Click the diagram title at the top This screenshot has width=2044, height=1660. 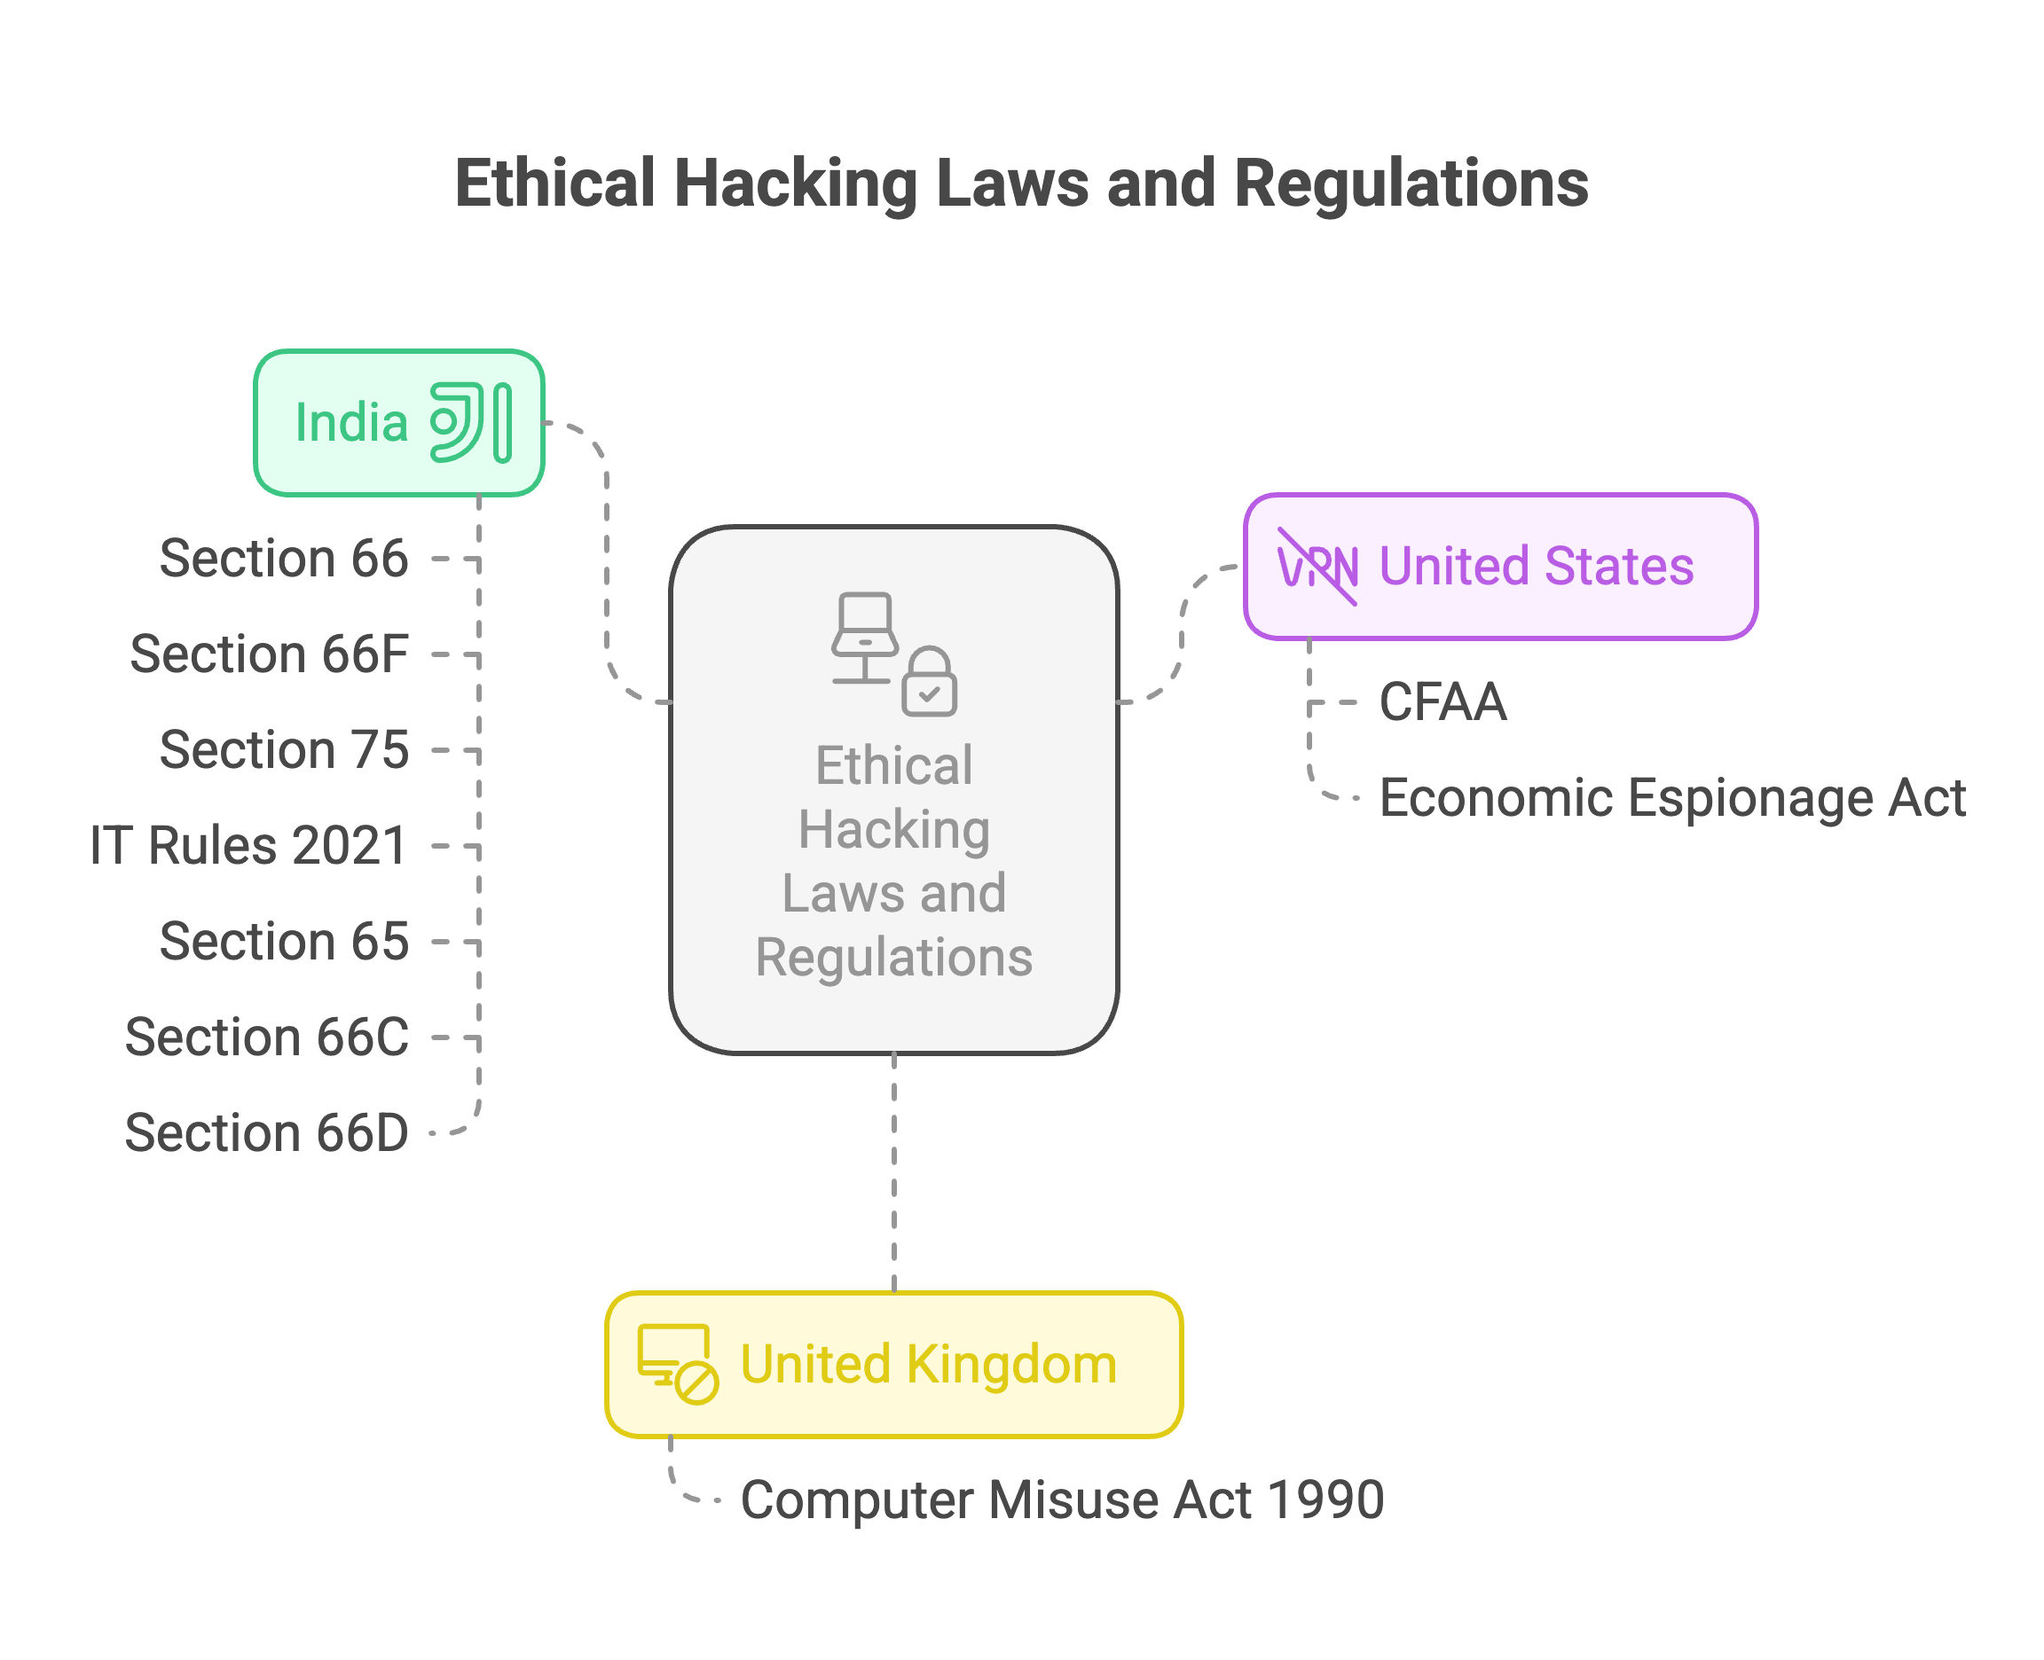point(1020,184)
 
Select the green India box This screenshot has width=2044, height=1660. point(399,423)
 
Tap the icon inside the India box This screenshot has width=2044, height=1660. point(470,423)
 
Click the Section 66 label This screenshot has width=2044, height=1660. point(284,559)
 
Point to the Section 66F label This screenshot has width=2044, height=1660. point(270,654)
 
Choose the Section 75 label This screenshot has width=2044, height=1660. point(284,749)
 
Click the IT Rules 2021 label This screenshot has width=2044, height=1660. point(248,845)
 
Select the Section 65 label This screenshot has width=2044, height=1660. point(284,941)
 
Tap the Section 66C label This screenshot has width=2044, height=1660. point(267,1037)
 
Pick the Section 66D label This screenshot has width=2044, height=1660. point(267,1132)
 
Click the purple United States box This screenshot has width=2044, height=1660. point(1500,566)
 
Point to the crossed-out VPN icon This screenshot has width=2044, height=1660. point(1317,566)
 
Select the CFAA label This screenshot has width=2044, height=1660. point(1443,702)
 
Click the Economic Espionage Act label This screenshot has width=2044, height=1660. point(1672,797)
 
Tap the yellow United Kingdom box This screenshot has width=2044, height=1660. point(893,1365)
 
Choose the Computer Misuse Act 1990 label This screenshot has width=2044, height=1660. point(1062,1499)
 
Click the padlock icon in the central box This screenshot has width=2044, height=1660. point(929,681)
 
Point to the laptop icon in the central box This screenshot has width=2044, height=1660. point(865,638)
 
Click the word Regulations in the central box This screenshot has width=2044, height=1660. point(893,957)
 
